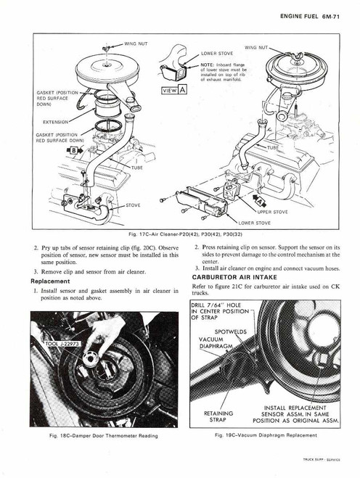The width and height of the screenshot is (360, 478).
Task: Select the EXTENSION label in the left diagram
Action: coord(59,121)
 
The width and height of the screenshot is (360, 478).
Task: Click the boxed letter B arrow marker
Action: coord(75,149)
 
